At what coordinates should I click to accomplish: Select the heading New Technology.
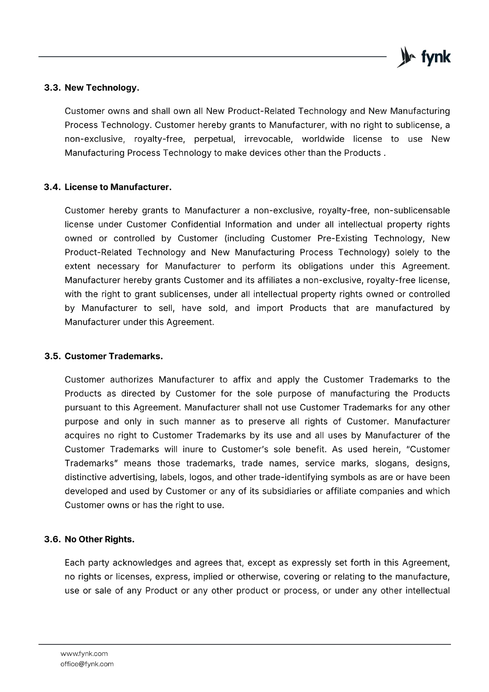click(102, 88)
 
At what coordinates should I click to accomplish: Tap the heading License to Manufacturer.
click(118, 187)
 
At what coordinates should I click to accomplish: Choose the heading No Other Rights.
click(99, 539)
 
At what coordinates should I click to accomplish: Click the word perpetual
click(214, 139)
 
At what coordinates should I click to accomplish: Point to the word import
click(270, 308)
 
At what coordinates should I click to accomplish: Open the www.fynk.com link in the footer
click(84, 654)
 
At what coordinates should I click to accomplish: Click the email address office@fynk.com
click(87, 664)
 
